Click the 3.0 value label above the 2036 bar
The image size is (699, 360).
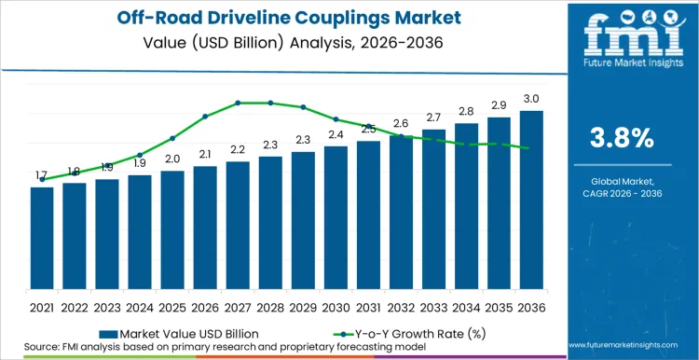tap(531, 99)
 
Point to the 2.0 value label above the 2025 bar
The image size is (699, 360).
tap(172, 159)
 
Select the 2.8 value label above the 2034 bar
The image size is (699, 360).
tap(466, 112)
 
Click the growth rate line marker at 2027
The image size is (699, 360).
tap(238, 103)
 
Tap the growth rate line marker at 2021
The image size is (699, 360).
tap(42, 179)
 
